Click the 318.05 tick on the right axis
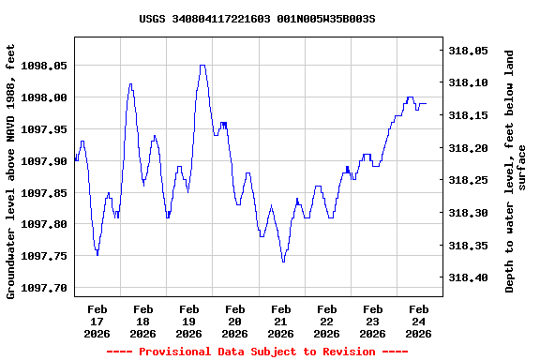[x=469, y=51]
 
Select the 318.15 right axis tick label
[x=469, y=115]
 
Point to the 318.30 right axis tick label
[x=469, y=213]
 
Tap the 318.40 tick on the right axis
[x=469, y=277]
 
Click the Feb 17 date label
[x=97, y=321]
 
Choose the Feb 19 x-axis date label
[x=189, y=321]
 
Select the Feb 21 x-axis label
[x=281, y=321]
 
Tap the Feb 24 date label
[x=419, y=321]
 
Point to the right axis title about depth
[x=517, y=171]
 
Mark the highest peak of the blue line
[x=202, y=66]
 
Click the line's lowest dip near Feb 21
[x=283, y=262]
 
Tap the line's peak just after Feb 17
[x=130, y=84]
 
